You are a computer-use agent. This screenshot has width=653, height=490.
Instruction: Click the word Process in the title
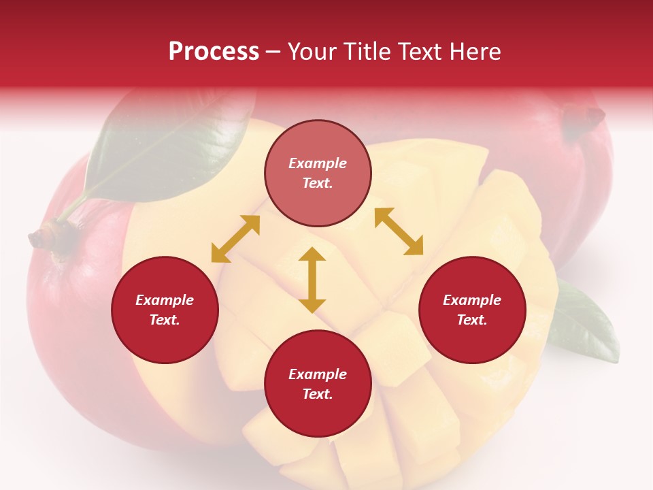pos(214,52)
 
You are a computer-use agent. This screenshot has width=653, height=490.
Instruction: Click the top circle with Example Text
pos(318,173)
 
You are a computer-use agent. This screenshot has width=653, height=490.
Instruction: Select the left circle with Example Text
pos(165,310)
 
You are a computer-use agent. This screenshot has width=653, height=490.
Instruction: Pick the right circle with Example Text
pos(472,310)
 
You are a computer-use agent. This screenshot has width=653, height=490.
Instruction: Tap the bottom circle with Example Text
pos(318,384)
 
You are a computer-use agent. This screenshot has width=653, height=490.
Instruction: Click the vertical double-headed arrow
pos(312,280)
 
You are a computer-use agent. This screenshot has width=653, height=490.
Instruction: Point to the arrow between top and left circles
pos(235,239)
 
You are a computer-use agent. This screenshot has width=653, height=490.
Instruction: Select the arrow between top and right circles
pos(399,231)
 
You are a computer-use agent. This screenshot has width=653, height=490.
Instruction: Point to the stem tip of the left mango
pos(37,238)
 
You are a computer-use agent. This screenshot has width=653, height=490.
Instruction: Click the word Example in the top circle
pos(318,163)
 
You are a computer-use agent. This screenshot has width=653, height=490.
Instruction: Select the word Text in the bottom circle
pos(318,394)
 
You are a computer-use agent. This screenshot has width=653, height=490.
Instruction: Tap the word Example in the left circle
pos(165,300)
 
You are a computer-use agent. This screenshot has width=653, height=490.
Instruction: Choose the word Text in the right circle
pos(472,320)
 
